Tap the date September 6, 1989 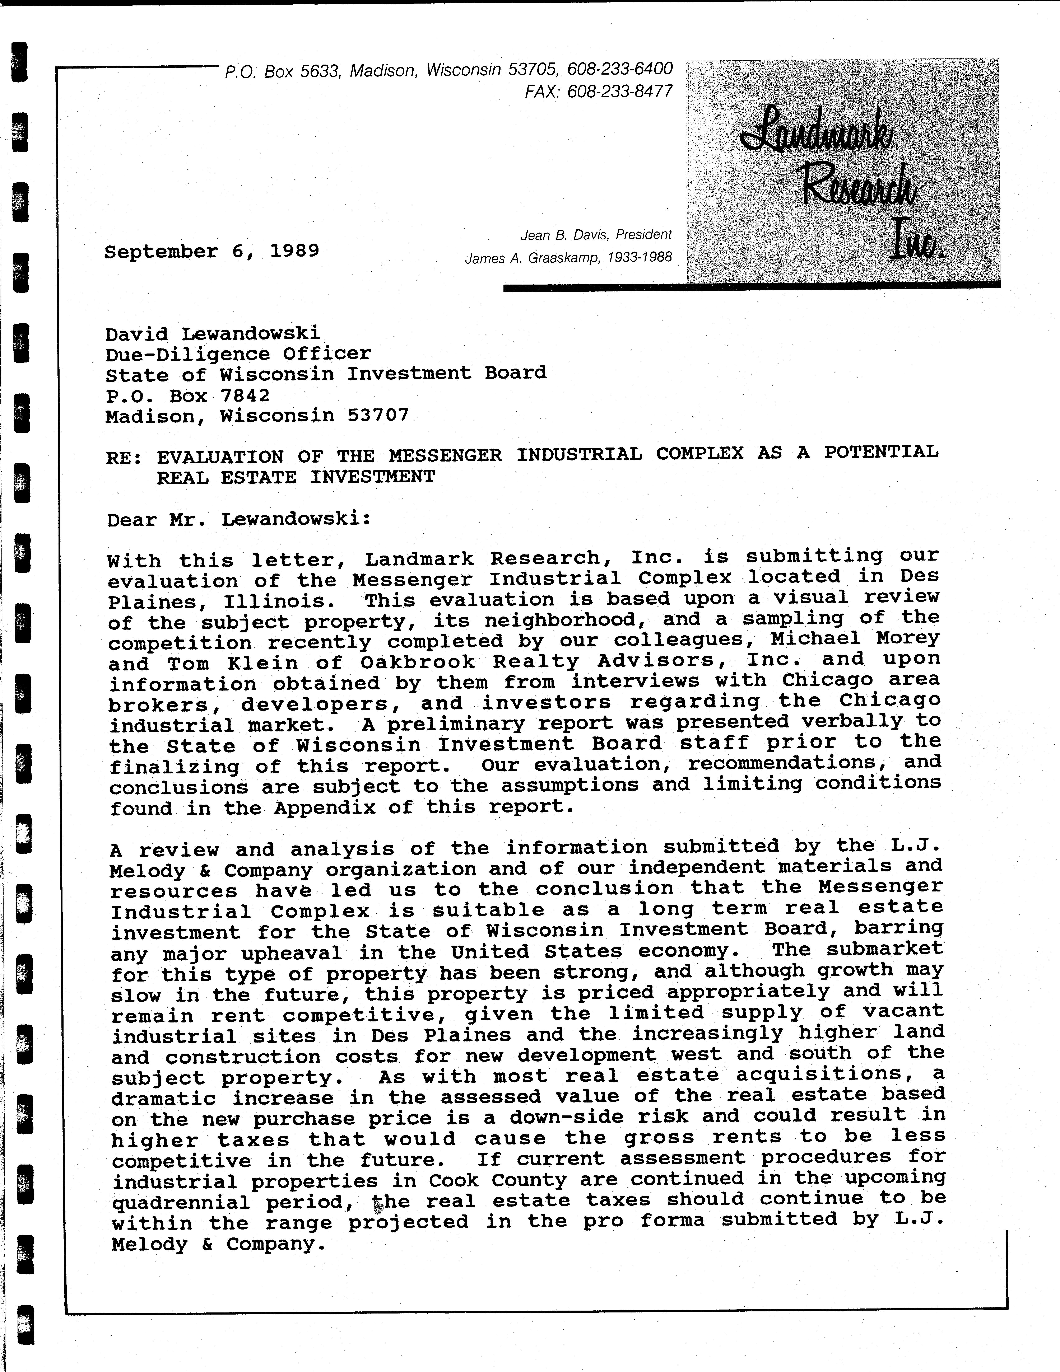click(x=212, y=251)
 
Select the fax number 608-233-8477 click(x=619, y=92)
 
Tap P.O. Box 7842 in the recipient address click(x=187, y=396)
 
